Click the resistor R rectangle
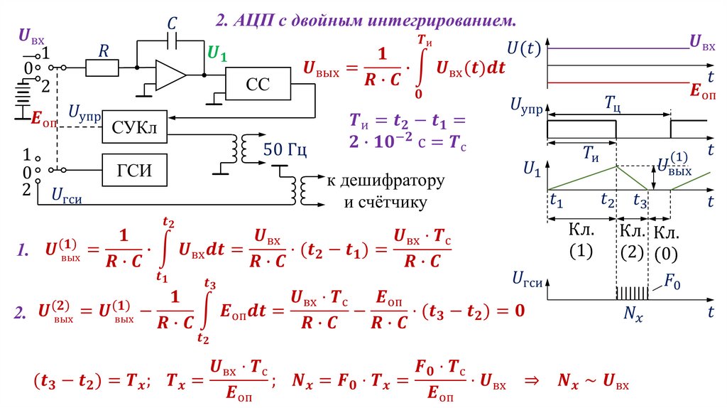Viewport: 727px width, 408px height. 103,68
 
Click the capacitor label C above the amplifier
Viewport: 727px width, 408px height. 171,23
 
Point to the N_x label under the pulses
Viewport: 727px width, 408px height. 632,313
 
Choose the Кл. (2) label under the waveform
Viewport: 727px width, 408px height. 631,241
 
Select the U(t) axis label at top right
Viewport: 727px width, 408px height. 525,48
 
